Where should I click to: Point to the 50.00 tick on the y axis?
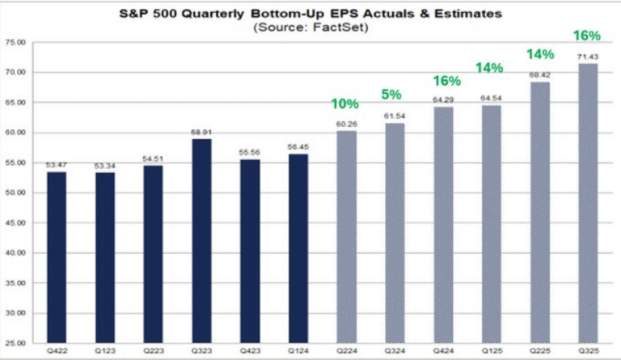15,193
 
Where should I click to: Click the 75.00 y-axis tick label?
15,42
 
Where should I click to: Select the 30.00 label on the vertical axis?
15,313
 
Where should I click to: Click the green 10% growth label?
344,104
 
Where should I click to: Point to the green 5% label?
393,95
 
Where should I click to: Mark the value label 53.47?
57,167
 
